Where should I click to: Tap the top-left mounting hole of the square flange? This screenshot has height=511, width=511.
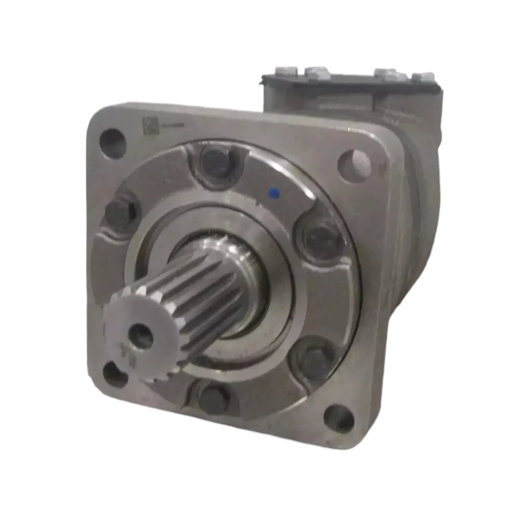click(x=113, y=144)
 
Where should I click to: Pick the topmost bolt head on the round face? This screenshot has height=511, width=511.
click(x=213, y=159)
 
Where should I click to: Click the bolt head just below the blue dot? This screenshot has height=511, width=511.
click(x=319, y=237)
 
